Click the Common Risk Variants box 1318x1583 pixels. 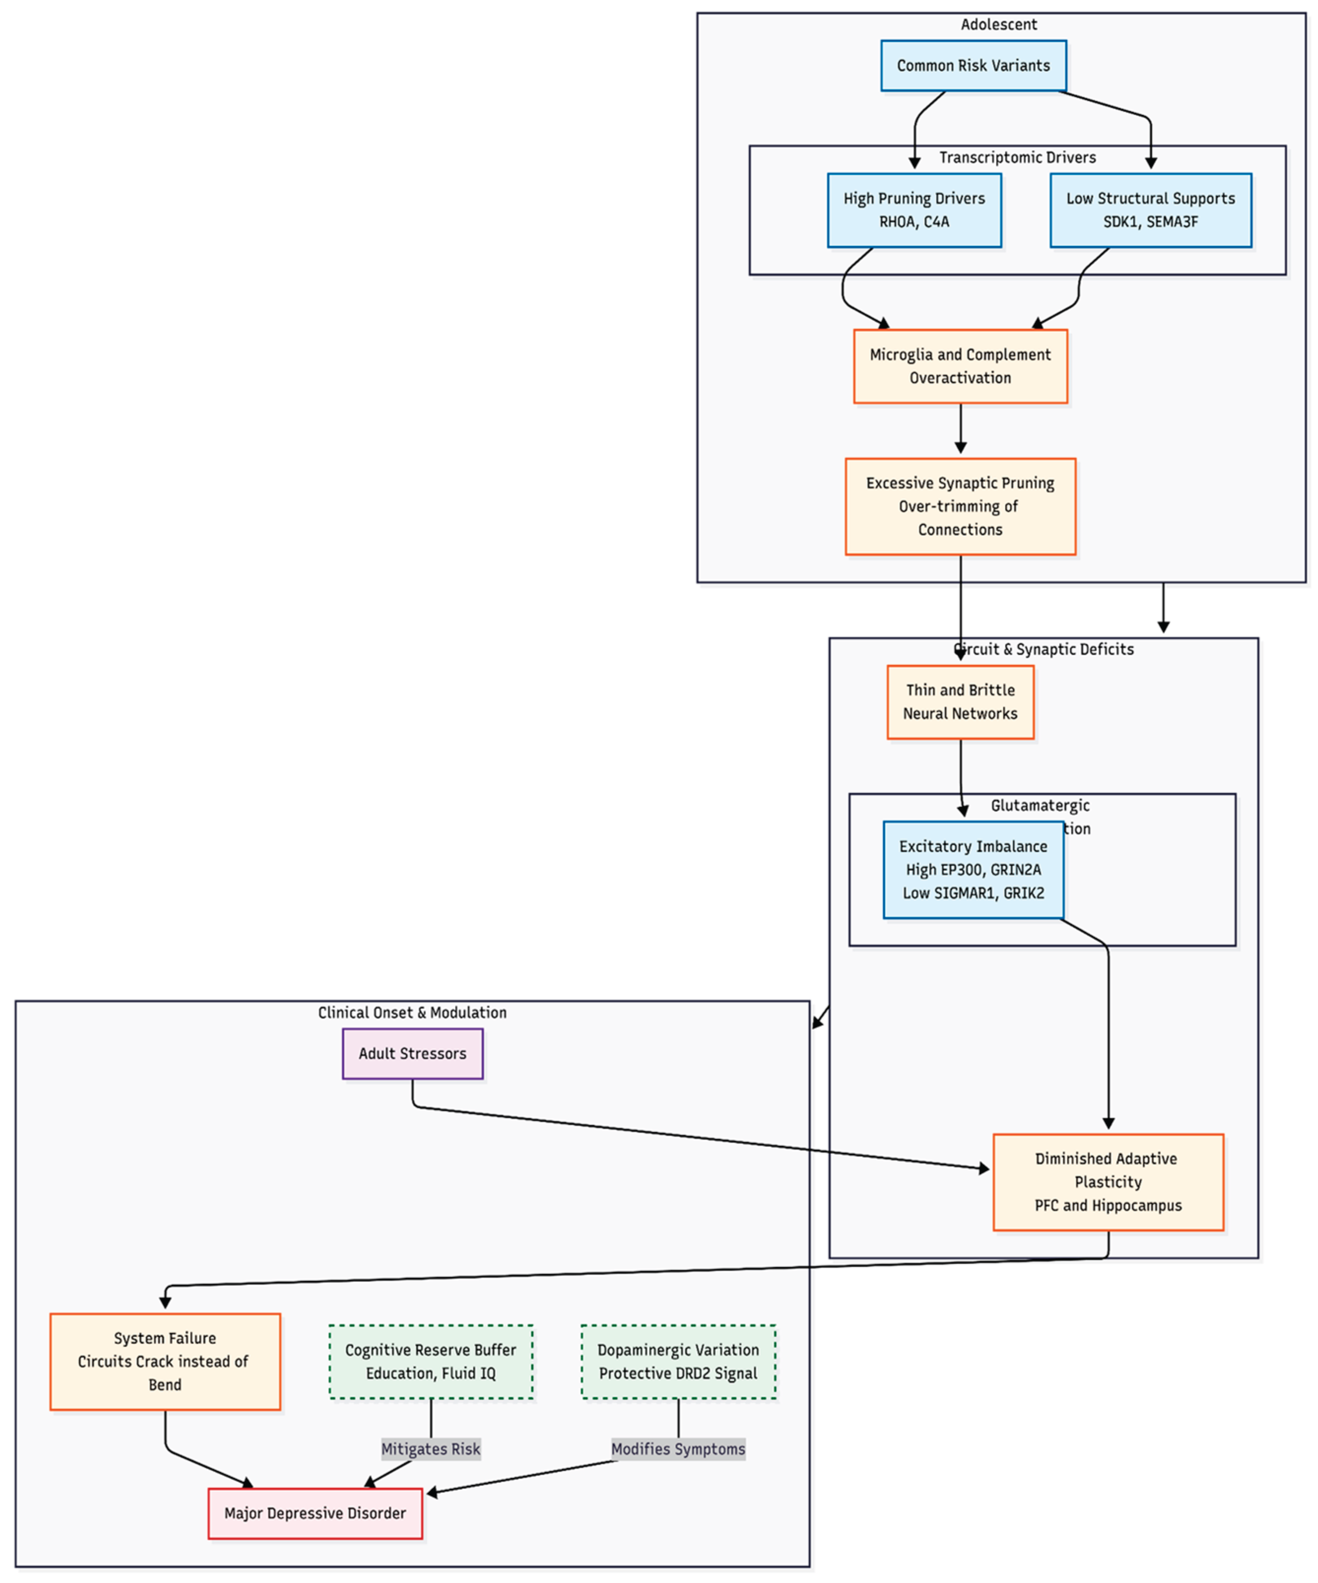click(973, 66)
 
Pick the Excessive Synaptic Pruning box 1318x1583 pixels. click(960, 506)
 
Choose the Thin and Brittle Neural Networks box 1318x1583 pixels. click(960, 701)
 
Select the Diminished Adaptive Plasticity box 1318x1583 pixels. click(1107, 1181)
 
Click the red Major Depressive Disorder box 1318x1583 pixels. click(315, 1513)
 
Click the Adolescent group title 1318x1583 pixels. click(998, 24)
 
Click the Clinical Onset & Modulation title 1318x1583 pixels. click(412, 1012)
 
